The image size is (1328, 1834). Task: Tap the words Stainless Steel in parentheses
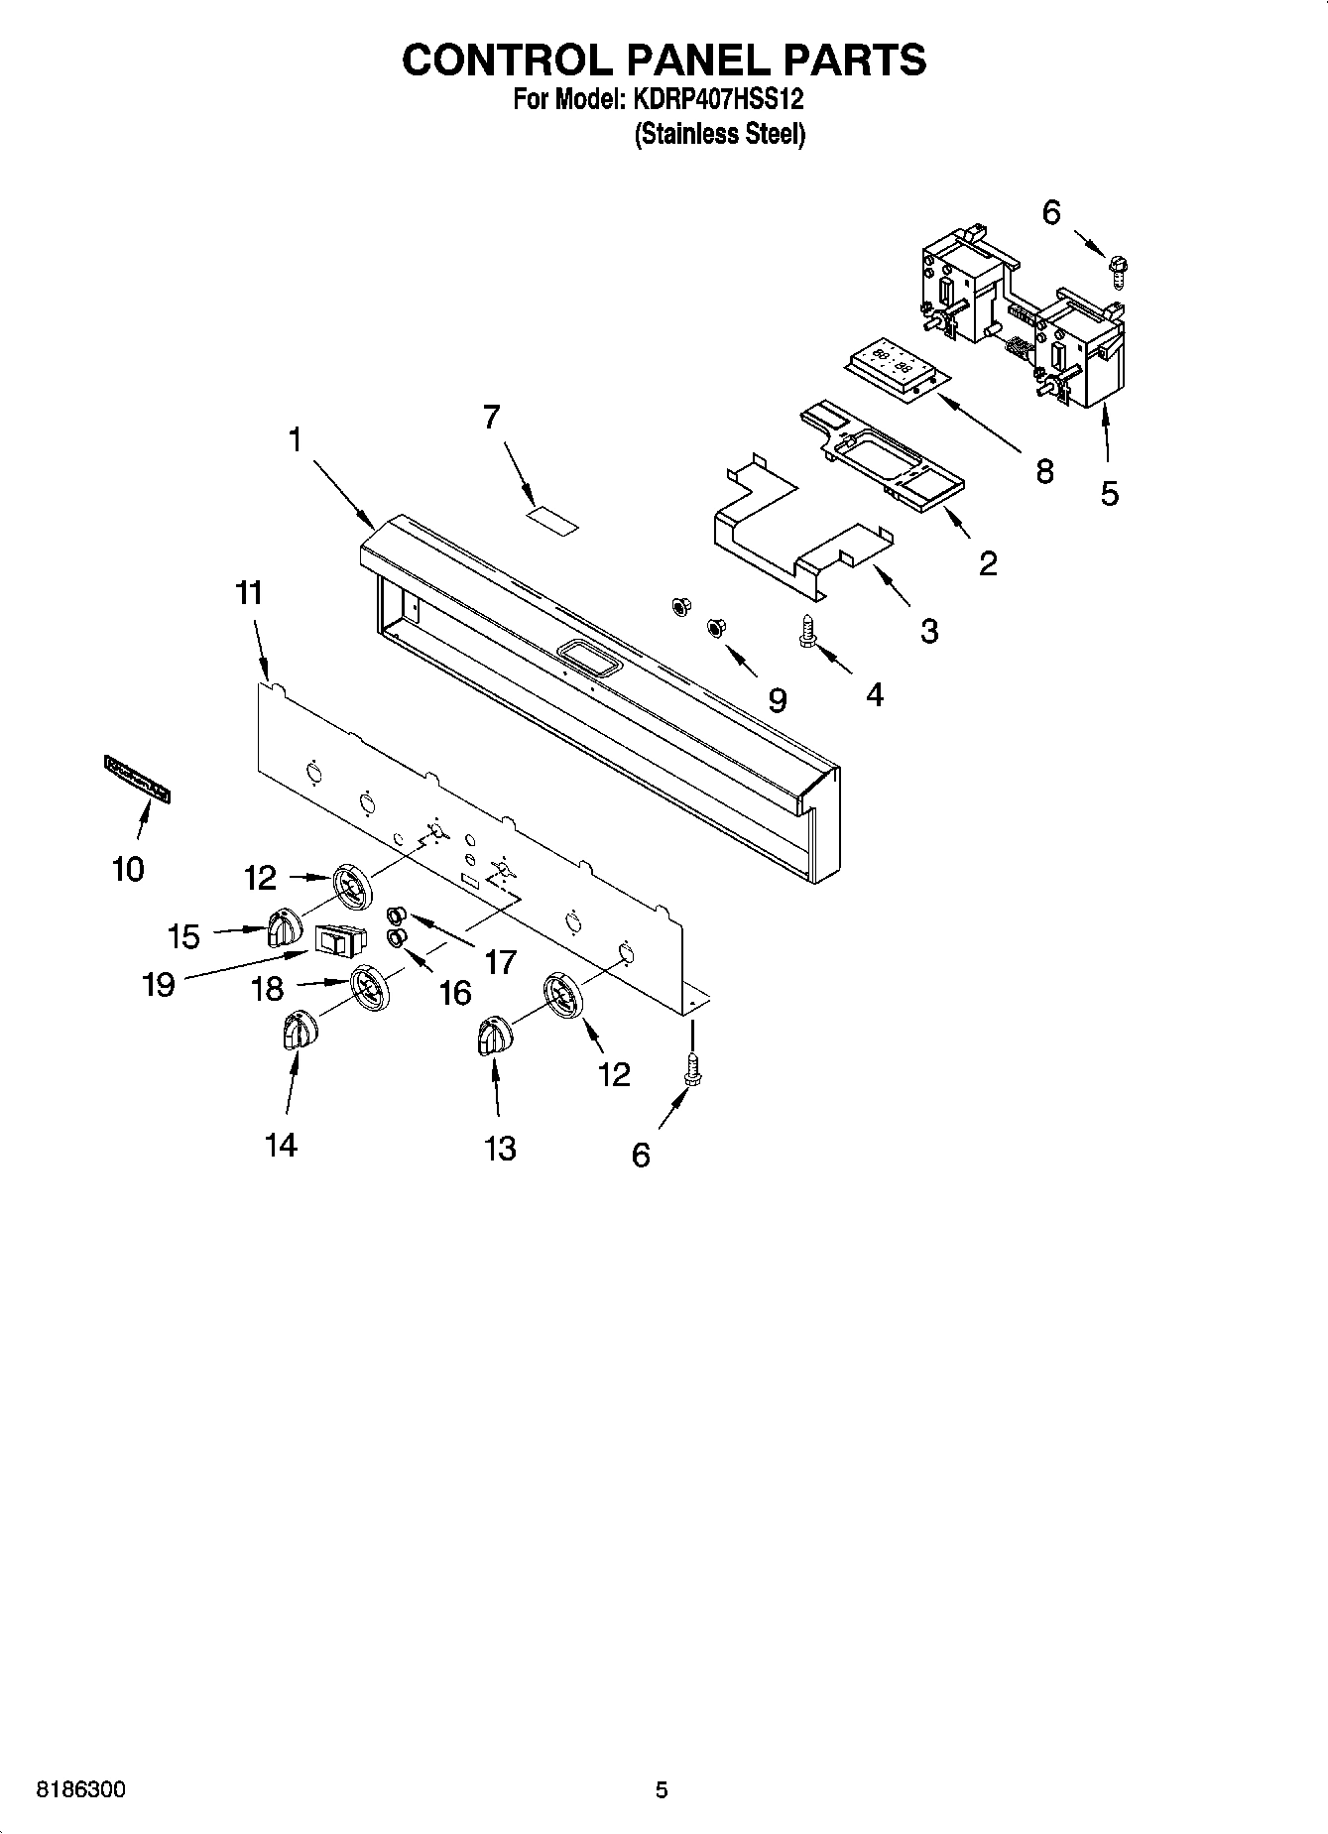point(719,134)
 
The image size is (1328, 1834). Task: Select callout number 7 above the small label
point(491,418)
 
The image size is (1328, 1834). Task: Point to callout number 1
point(295,439)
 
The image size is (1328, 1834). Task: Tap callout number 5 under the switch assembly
point(1109,492)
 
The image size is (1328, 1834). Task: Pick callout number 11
point(249,593)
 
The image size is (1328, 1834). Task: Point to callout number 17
point(501,961)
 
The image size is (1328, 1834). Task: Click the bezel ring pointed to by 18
point(369,989)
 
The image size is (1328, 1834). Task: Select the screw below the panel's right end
point(692,1070)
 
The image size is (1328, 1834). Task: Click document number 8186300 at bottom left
point(81,1790)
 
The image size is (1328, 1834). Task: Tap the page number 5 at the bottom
point(662,1790)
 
